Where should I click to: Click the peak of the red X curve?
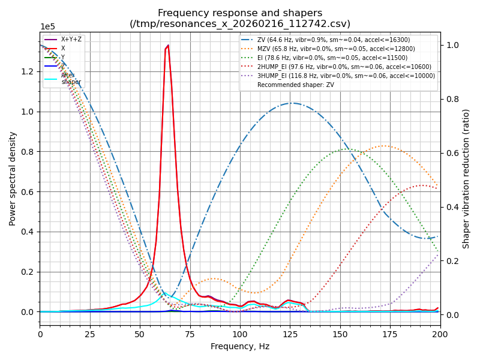(x=167, y=46)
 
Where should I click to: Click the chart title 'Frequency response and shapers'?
(x=240, y=13)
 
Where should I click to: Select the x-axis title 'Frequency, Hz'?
(x=240, y=346)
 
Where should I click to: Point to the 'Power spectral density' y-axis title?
(x=13, y=178)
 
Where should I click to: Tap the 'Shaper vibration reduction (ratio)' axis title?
(x=466, y=178)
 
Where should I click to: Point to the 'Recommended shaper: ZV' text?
(x=296, y=85)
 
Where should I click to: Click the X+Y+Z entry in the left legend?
(x=71, y=39)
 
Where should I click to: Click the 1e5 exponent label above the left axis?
(x=48, y=27)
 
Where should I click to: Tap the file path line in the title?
(x=240, y=24)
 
